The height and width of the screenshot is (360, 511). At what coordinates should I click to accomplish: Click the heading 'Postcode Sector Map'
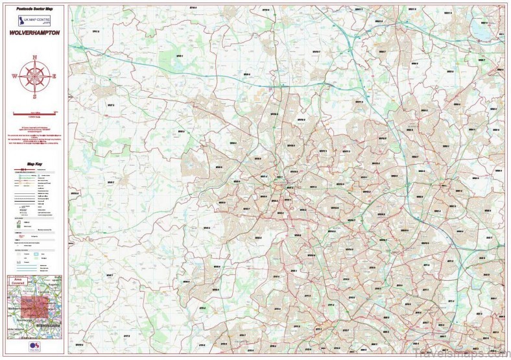(x=35, y=9)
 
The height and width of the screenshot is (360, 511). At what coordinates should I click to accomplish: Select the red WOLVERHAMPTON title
(x=34, y=33)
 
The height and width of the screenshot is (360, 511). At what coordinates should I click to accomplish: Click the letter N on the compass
(x=34, y=56)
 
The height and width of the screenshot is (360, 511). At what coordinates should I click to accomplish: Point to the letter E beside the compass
(x=54, y=76)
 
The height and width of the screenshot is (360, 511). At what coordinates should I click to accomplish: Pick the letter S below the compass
(x=34, y=96)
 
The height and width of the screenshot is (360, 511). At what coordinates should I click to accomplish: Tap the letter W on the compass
(x=14, y=76)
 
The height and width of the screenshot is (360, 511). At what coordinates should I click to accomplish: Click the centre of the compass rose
(x=34, y=76)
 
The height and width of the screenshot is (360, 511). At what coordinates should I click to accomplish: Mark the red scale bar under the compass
(x=34, y=112)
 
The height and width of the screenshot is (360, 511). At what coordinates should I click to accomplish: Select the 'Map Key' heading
(x=34, y=165)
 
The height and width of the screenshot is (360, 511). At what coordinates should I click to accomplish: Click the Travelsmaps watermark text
(x=468, y=354)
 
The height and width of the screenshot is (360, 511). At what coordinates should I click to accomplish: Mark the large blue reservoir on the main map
(x=483, y=29)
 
